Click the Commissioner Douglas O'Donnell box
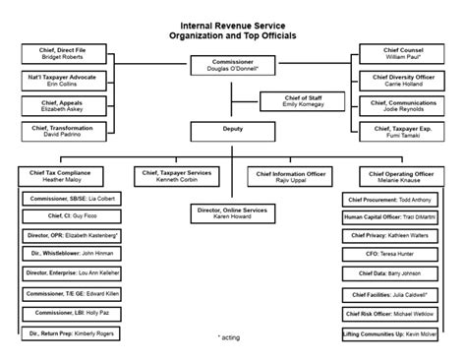point(232,66)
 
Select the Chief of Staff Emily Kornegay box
point(299,101)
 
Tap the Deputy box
point(232,128)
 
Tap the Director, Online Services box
point(233,213)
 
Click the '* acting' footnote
point(232,337)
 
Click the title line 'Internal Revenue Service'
point(232,26)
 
